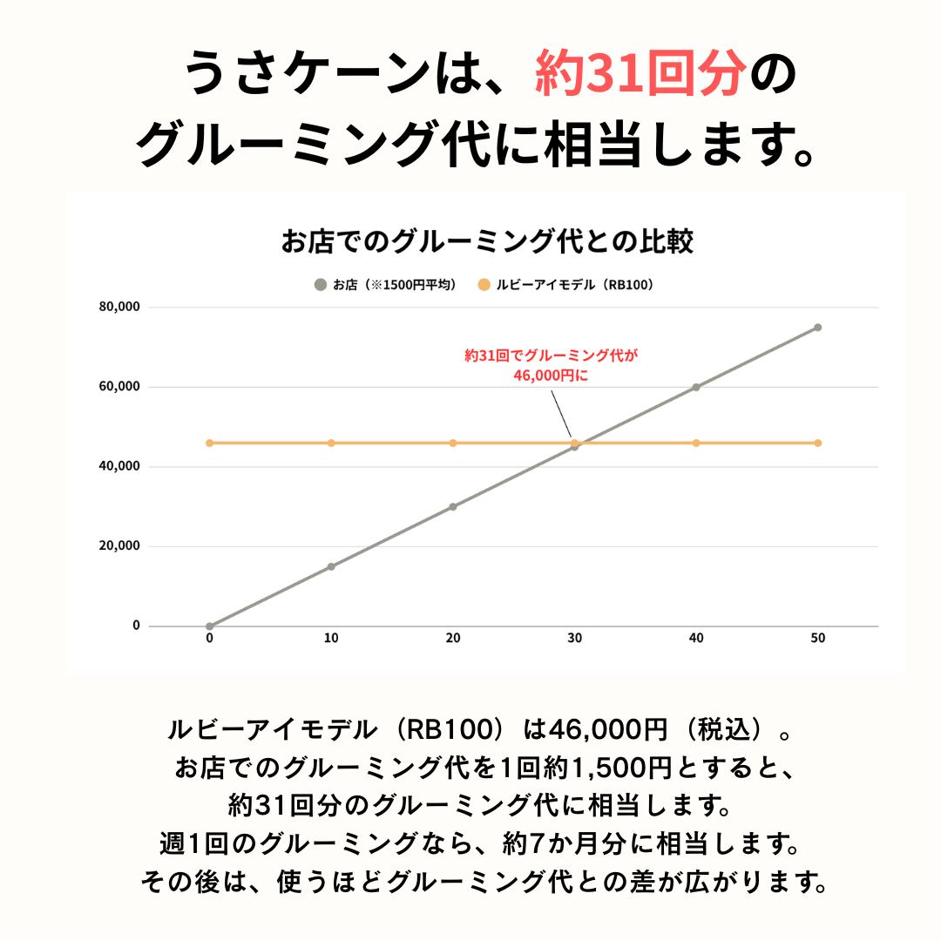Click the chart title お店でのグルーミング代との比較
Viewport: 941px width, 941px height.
click(x=487, y=241)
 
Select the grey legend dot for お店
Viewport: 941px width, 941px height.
click(x=321, y=284)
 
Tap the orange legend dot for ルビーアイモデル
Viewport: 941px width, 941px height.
click(x=484, y=284)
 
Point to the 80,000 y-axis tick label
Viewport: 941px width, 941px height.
click(x=119, y=307)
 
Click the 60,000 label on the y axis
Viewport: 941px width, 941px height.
click(x=119, y=387)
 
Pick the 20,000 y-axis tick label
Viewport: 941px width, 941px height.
click(x=119, y=546)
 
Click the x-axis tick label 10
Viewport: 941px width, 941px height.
click(x=331, y=638)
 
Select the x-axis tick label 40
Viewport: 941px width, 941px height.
click(x=696, y=638)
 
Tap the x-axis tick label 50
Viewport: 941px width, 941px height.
click(x=818, y=638)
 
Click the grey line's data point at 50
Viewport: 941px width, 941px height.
click(x=817, y=328)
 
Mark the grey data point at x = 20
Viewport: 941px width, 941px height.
click(x=453, y=507)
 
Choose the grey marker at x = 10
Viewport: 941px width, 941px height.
click(x=331, y=566)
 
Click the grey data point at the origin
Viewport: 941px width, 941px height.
click(x=209, y=626)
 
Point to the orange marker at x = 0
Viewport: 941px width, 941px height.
click(x=209, y=443)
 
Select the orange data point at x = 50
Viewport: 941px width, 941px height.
click(x=817, y=443)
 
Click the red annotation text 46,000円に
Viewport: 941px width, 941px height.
click(x=551, y=376)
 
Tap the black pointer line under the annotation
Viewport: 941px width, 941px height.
click(x=561, y=414)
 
